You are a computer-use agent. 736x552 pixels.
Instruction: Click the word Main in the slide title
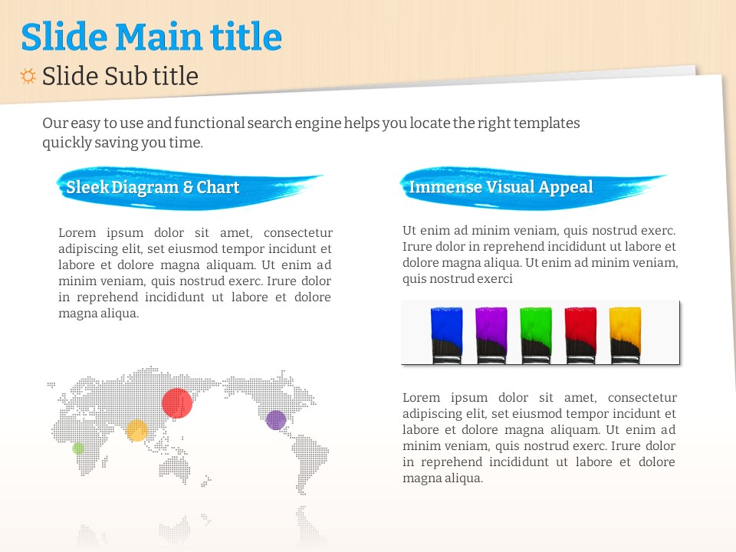pyautogui.click(x=159, y=37)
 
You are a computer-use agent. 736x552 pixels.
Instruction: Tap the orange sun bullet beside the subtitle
pyautogui.click(x=28, y=76)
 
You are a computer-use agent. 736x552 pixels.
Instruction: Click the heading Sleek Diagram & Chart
pyautogui.click(x=153, y=187)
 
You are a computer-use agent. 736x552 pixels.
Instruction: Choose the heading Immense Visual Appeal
pyautogui.click(x=501, y=187)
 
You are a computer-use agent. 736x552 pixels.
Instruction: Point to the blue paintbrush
pyautogui.click(x=446, y=335)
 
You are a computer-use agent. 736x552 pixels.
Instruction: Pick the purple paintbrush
pyautogui.click(x=491, y=335)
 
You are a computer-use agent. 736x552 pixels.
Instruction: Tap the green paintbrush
pyautogui.click(x=536, y=335)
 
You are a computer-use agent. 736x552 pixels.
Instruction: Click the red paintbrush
pyautogui.click(x=580, y=335)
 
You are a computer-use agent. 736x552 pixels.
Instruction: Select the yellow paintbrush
pyautogui.click(x=625, y=335)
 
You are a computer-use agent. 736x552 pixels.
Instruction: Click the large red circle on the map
pyautogui.click(x=177, y=403)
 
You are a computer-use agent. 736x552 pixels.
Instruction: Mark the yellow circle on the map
pyautogui.click(x=137, y=430)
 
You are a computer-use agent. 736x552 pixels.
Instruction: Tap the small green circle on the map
pyautogui.click(x=78, y=449)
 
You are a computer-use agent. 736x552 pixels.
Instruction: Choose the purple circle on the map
pyautogui.click(x=276, y=419)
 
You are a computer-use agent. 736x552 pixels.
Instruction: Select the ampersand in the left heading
pyautogui.click(x=188, y=187)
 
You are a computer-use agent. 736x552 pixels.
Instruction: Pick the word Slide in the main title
pyautogui.click(x=64, y=37)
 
